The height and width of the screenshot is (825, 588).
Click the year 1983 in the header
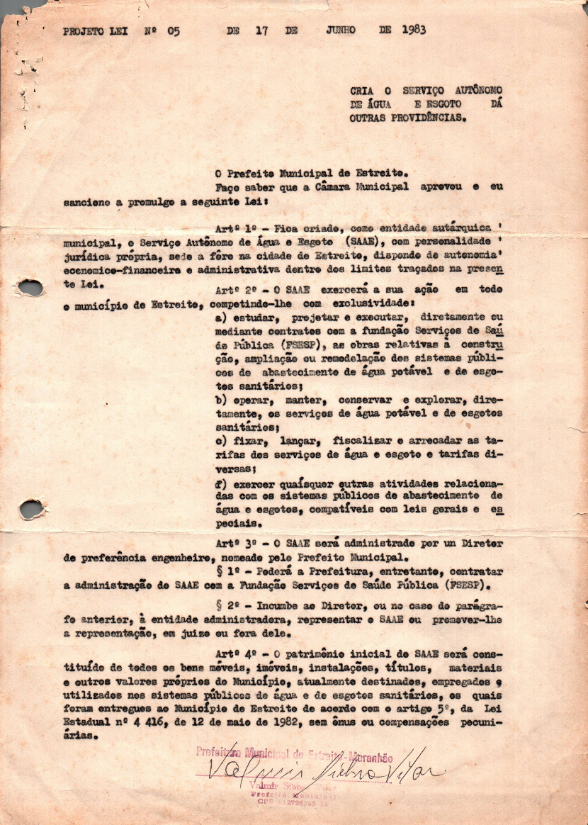coord(414,30)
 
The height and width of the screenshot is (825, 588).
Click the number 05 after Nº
coord(174,31)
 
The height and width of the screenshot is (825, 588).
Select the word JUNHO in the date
coord(341,30)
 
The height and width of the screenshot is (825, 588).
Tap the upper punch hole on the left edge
coord(30,288)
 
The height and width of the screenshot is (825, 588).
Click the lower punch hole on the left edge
coord(31,509)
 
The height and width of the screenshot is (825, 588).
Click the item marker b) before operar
coord(220,400)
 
